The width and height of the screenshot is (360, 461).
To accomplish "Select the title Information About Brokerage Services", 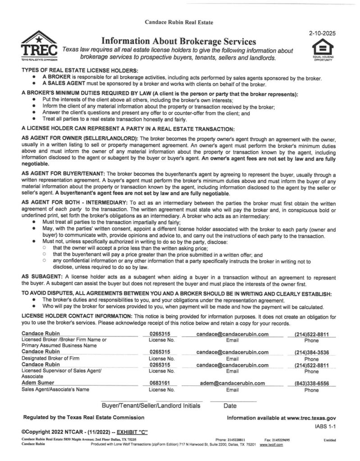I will point(178,42).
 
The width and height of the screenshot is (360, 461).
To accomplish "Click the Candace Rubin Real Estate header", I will point(179,22).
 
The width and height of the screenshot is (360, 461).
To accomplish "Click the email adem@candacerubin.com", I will point(232,383).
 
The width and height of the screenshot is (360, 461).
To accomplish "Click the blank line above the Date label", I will point(233,399).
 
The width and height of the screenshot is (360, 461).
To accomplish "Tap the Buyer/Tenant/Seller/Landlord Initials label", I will point(151,406).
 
